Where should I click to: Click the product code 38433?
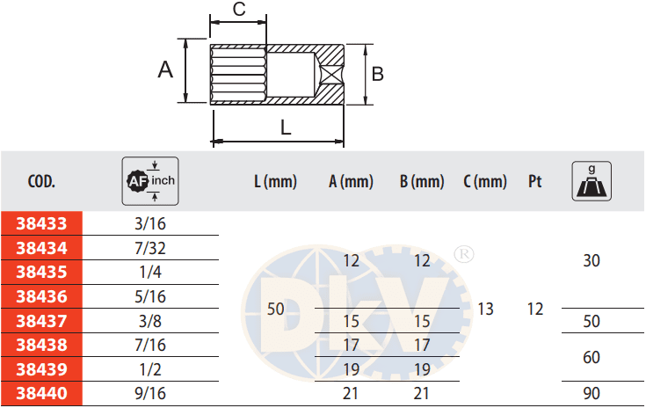(41, 223)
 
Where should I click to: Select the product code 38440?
(41, 394)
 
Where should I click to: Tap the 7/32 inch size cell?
(150, 248)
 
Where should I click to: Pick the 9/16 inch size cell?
(150, 394)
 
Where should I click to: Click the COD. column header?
(41, 181)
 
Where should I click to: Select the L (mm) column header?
(276, 181)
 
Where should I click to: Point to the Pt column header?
(534, 181)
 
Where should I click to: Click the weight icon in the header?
(592, 181)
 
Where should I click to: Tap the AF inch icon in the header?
(150, 181)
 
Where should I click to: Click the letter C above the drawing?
(239, 9)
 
